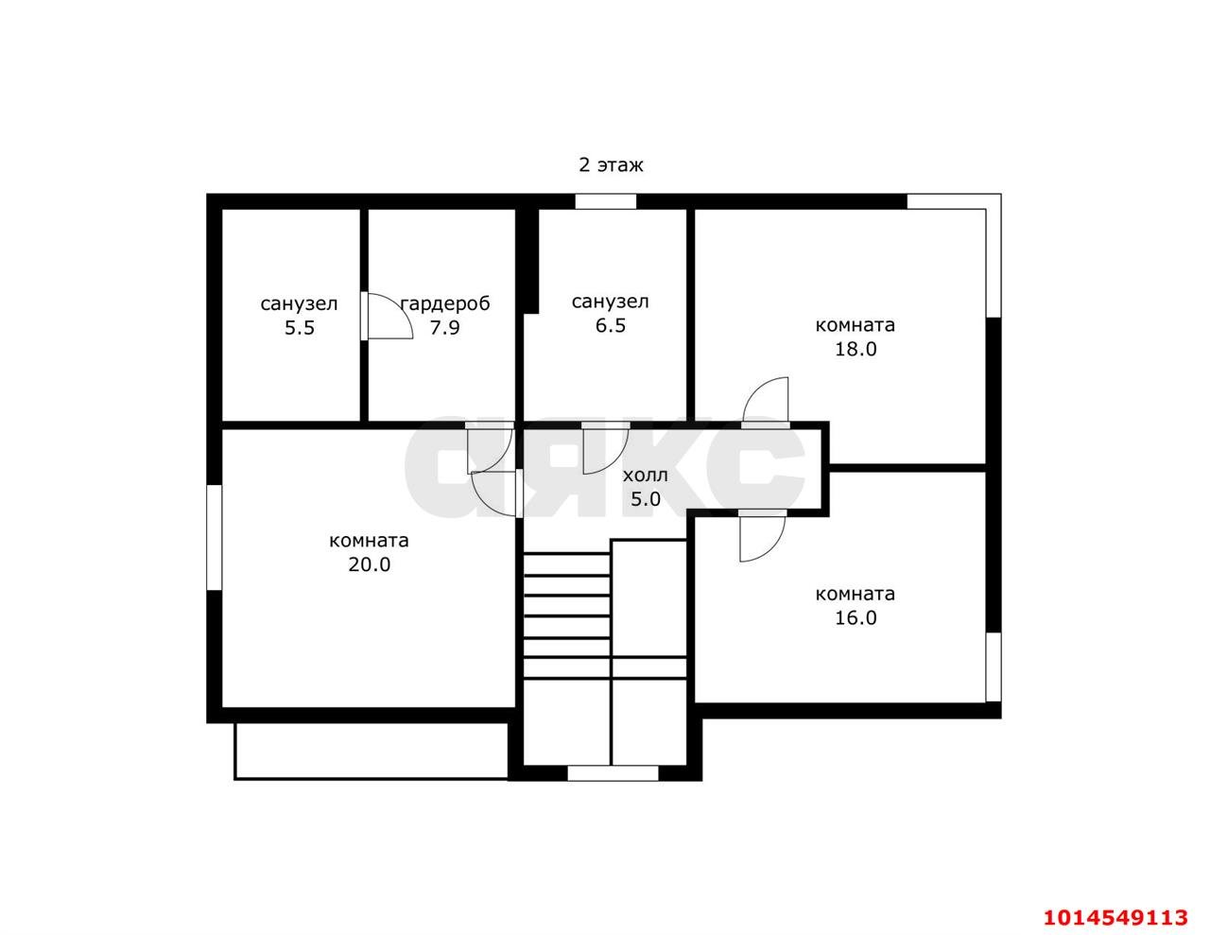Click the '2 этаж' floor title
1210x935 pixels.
pos(611,164)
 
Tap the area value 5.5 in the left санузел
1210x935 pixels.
pos(300,327)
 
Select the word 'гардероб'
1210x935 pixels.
pos(445,304)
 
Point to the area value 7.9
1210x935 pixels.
pos(444,327)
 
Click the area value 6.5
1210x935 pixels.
pos(611,325)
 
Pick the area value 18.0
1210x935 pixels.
pos(856,349)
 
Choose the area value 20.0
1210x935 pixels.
pos(370,564)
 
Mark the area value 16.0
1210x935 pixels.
pos(856,618)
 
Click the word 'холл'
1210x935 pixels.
pos(645,476)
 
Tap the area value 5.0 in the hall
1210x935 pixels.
pos(646,499)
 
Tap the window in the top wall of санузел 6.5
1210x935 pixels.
pos(605,201)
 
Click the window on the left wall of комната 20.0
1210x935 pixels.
pos(215,537)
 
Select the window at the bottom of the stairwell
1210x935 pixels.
pos(613,773)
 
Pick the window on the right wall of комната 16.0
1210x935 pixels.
pos(994,667)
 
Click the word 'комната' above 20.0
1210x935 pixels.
pos(370,541)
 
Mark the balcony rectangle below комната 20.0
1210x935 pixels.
pos(371,752)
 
